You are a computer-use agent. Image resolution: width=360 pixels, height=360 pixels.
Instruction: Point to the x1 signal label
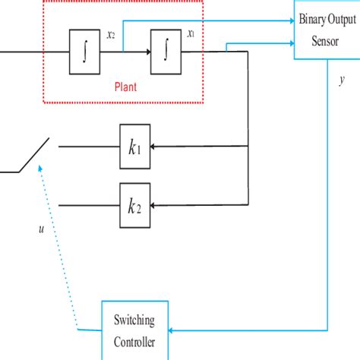pos(191,35)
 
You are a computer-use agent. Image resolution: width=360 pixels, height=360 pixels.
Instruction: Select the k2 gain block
pos(135,205)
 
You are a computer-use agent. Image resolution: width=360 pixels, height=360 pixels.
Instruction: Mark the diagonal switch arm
pos(36,155)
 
